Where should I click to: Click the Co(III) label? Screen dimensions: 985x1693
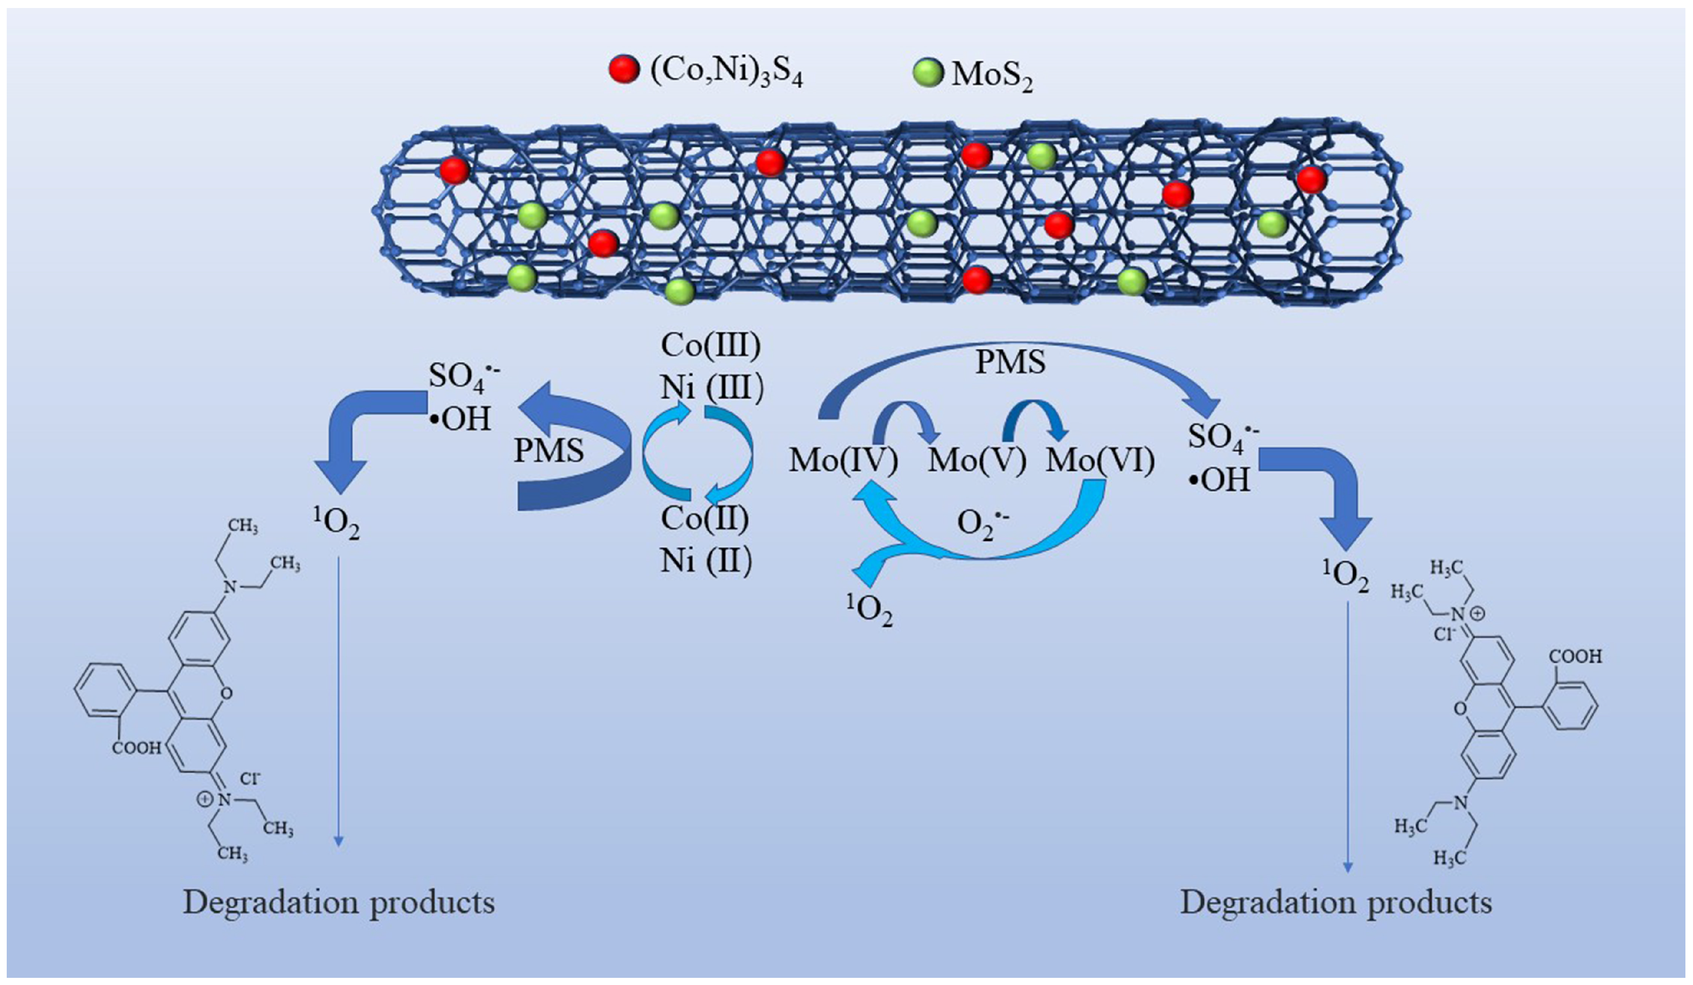point(711,345)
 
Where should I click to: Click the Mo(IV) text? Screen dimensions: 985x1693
point(843,461)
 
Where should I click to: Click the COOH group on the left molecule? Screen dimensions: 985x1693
point(136,747)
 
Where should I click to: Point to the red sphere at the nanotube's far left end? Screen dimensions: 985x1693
point(455,170)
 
